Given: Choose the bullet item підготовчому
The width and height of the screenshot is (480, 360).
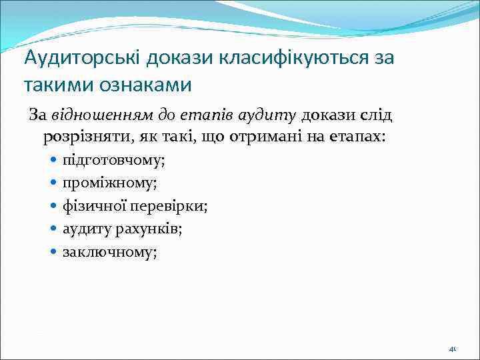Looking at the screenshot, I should tap(113, 161).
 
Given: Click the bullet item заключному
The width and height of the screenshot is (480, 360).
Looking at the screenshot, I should tap(109, 252).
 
